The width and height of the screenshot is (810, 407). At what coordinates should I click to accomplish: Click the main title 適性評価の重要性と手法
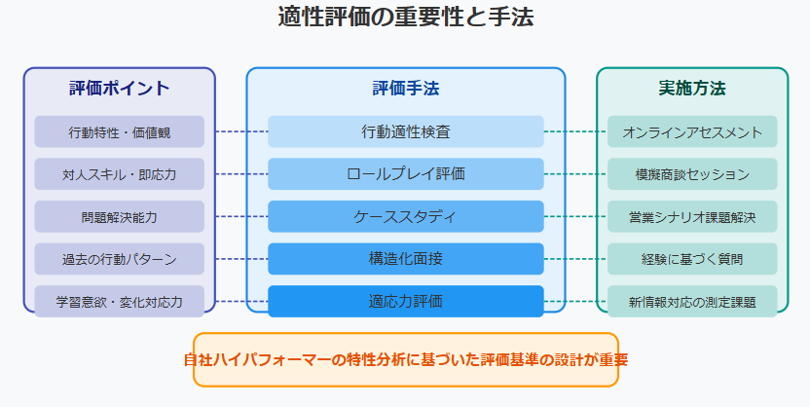tap(406, 17)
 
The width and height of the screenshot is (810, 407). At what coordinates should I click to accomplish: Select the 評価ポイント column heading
tap(120, 88)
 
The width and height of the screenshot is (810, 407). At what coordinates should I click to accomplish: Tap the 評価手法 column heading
tap(406, 88)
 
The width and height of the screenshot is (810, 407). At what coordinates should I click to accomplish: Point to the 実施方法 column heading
tap(691, 88)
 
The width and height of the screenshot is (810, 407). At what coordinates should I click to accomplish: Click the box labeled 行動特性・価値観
tap(120, 131)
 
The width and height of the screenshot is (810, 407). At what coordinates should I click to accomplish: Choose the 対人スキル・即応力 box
tap(120, 174)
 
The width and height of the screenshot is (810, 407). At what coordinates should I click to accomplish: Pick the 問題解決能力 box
tap(120, 216)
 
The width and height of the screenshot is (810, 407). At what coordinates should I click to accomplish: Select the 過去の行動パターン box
tap(120, 259)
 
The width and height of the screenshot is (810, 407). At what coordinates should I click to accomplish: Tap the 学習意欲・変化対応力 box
tap(120, 301)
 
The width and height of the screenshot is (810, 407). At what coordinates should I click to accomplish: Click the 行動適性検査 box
tap(406, 131)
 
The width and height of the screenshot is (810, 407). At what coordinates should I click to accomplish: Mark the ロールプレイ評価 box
tap(406, 174)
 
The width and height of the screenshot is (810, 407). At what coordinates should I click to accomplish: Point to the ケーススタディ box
tap(406, 216)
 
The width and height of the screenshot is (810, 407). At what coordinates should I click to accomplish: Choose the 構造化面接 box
tap(406, 259)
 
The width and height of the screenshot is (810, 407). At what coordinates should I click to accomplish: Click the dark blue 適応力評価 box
tap(406, 301)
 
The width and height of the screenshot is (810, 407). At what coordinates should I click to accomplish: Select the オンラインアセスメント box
tap(692, 131)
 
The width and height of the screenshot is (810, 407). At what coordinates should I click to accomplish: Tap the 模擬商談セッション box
tap(692, 174)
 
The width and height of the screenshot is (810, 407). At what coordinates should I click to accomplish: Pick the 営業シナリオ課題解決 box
tap(692, 216)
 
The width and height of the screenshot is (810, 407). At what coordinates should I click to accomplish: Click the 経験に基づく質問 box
tap(692, 259)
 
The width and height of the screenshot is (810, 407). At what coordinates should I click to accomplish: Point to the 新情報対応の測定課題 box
tap(692, 301)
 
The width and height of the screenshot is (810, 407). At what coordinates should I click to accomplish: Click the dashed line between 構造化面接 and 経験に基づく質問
tap(575, 259)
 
